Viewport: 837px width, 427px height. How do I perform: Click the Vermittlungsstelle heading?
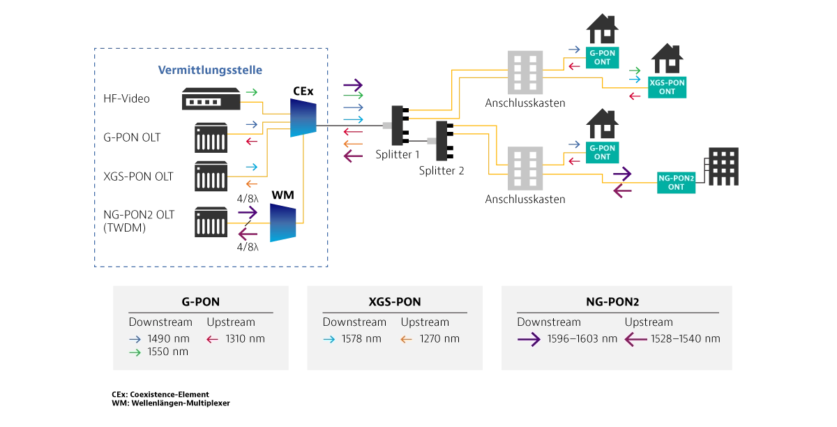click(x=210, y=70)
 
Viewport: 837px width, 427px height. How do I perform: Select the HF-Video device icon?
click(x=211, y=98)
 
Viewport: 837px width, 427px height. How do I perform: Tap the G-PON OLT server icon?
click(x=211, y=137)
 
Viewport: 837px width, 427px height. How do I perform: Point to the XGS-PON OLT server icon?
click(x=211, y=176)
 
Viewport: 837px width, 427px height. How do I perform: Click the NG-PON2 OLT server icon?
click(x=211, y=222)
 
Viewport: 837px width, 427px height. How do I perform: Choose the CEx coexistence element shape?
click(x=303, y=118)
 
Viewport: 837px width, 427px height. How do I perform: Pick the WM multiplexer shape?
click(x=283, y=223)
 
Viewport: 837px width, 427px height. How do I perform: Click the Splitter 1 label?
click(x=397, y=154)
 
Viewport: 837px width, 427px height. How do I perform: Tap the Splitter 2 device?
click(x=443, y=140)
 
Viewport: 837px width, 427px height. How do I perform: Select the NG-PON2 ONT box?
click(x=676, y=183)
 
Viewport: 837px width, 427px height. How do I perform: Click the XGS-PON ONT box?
click(x=667, y=87)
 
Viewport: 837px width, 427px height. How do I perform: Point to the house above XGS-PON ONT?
click(x=668, y=59)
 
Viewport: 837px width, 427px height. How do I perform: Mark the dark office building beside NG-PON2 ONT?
click(x=723, y=166)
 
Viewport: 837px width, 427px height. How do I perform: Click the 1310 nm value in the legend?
click(x=245, y=339)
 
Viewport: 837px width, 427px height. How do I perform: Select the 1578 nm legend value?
click(x=361, y=339)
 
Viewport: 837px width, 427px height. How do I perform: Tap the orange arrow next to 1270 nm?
click(x=406, y=340)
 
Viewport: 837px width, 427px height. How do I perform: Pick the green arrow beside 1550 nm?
click(x=135, y=352)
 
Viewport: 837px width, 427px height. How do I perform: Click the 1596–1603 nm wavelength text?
click(x=582, y=339)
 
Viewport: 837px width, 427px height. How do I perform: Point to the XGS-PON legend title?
click(x=395, y=301)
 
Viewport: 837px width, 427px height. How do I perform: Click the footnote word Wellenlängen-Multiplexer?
click(x=181, y=403)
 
